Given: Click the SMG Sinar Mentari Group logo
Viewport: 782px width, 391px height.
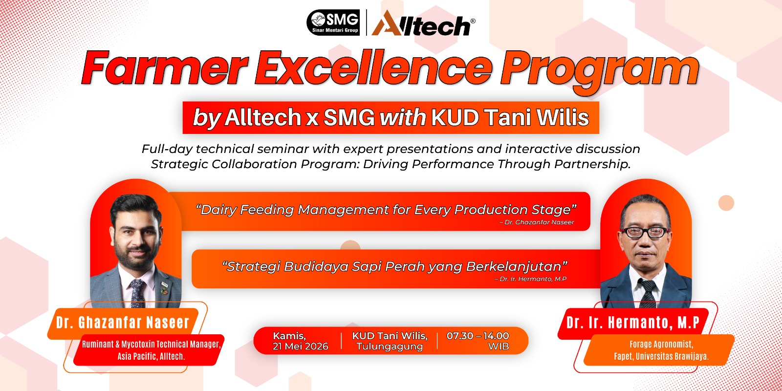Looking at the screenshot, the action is coord(333,22).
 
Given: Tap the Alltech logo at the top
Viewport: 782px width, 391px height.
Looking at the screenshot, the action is coord(423,23).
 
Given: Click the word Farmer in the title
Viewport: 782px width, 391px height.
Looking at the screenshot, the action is coord(164,68).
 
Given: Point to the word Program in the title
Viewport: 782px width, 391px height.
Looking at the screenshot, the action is coord(599,71).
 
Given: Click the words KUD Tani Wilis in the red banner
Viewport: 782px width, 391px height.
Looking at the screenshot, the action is coord(510,117).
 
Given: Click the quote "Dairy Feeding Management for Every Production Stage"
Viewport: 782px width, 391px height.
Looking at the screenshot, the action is coord(386,210).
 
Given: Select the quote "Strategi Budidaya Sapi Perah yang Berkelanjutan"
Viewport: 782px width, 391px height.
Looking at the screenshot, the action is coord(395,266).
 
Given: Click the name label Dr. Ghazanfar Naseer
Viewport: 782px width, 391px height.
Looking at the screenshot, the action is coord(123,322).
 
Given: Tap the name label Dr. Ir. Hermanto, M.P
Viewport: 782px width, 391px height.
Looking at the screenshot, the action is coord(632,322).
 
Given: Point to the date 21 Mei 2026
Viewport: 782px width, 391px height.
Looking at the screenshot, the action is coord(300,347).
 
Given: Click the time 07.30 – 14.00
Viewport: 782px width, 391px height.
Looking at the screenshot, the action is coord(478,336).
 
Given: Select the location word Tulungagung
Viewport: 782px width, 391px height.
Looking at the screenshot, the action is coord(389,347).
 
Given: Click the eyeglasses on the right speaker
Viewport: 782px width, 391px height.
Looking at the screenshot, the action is coord(645,232).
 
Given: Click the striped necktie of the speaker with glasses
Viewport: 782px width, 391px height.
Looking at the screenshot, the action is coord(648,293).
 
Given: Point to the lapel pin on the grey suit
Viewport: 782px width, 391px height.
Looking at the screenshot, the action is coord(164,290).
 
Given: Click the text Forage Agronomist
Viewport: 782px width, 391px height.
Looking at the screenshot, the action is coord(661,344).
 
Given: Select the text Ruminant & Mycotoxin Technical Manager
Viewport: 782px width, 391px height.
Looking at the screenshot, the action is coord(151,344).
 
